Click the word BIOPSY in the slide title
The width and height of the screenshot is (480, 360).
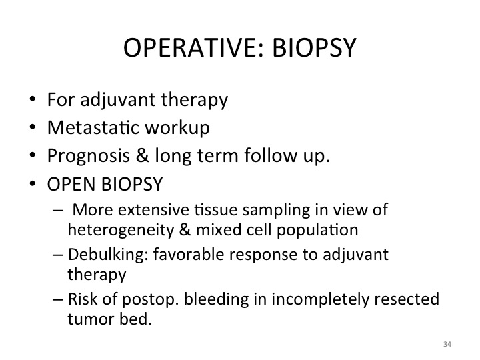(314, 47)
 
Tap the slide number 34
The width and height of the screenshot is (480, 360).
(447, 344)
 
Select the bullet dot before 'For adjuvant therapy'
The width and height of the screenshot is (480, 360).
(33, 99)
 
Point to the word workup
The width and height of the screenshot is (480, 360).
(177, 127)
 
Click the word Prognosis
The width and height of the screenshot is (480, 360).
(89, 156)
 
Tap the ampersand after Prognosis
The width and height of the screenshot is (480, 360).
(143, 155)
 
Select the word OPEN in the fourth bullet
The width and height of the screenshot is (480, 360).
(71, 184)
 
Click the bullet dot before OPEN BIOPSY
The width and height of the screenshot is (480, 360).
(33, 184)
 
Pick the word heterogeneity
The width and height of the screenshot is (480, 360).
(121, 230)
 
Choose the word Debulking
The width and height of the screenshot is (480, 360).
(109, 255)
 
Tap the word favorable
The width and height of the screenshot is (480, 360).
(189, 254)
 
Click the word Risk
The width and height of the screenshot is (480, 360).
(83, 299)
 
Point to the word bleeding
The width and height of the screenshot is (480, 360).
(217, 300)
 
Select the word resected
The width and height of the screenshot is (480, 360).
(407, 299)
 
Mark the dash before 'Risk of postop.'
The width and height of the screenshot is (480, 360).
(58, 299)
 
